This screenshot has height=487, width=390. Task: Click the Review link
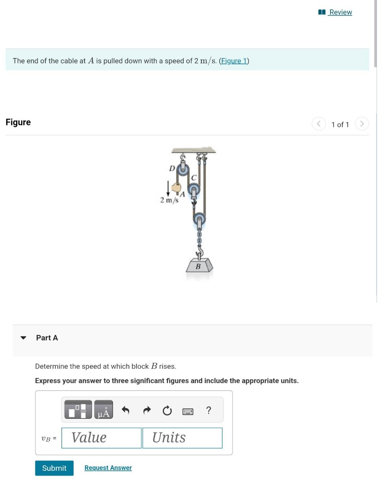pyautogui.click(x=340, y=12)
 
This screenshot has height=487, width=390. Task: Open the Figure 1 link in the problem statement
pyautogui.click(x=234, y=61)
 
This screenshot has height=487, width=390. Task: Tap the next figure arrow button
pyautogui.click(x=362, y=124)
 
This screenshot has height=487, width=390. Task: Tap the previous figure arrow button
pyautogui.click(x=318, y=124)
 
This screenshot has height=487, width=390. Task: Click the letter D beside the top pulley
pyautogui.click(x=172, y=168)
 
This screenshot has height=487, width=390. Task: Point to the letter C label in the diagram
pyautogui.click(x=194, y=177)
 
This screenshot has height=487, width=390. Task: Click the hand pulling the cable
pyautogui.click(x=177, y=188)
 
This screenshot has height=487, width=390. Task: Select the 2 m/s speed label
pyautogui.click(x=169, y=200)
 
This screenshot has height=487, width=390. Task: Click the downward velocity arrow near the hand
pyautogui.click(x=168, y=188)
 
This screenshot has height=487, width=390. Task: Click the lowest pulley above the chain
pyautogui.click(x=199, y=218)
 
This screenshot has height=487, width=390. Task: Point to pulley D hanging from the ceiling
pyautogui.click(x=183, y=168)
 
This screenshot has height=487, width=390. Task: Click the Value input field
pyautogui.click(x=101, y=438)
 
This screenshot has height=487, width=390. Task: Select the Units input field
pyautogui.click(x=182, y=438)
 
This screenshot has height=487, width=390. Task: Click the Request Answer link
pyautogui.click(x=108, y=468)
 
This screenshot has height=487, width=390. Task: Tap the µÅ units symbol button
pyautogui.click(x=104, y=410)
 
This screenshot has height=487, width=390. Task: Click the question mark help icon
pyautogui.click(x=208, y=410)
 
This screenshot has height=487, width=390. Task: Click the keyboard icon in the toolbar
pyautogui.click(x=188, y=411)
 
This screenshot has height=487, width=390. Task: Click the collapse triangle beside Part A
pyautogui.click(x=23, y=338)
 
